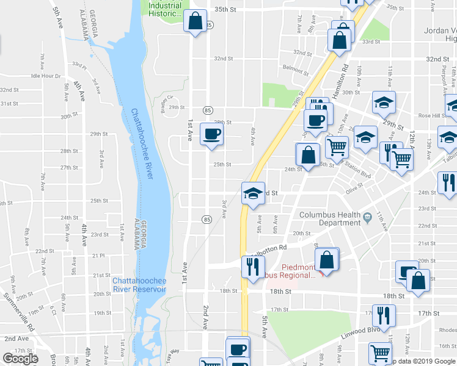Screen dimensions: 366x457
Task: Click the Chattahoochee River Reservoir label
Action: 139,284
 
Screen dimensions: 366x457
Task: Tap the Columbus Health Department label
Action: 330,218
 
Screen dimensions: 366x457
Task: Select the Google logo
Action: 20,359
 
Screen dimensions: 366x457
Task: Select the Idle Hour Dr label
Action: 46,76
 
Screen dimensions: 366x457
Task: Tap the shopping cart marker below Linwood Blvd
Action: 380,353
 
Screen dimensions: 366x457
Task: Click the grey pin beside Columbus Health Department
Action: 367,217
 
